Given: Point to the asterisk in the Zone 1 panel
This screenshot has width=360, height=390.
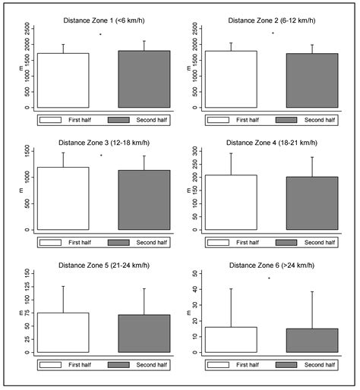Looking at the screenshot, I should point(100,34).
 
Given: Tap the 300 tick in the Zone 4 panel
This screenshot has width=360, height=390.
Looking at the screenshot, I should point(196,151).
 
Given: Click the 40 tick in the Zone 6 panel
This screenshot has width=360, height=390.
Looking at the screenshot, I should point(196,289).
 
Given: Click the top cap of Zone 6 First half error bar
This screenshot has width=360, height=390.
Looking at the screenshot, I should point(231,288).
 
